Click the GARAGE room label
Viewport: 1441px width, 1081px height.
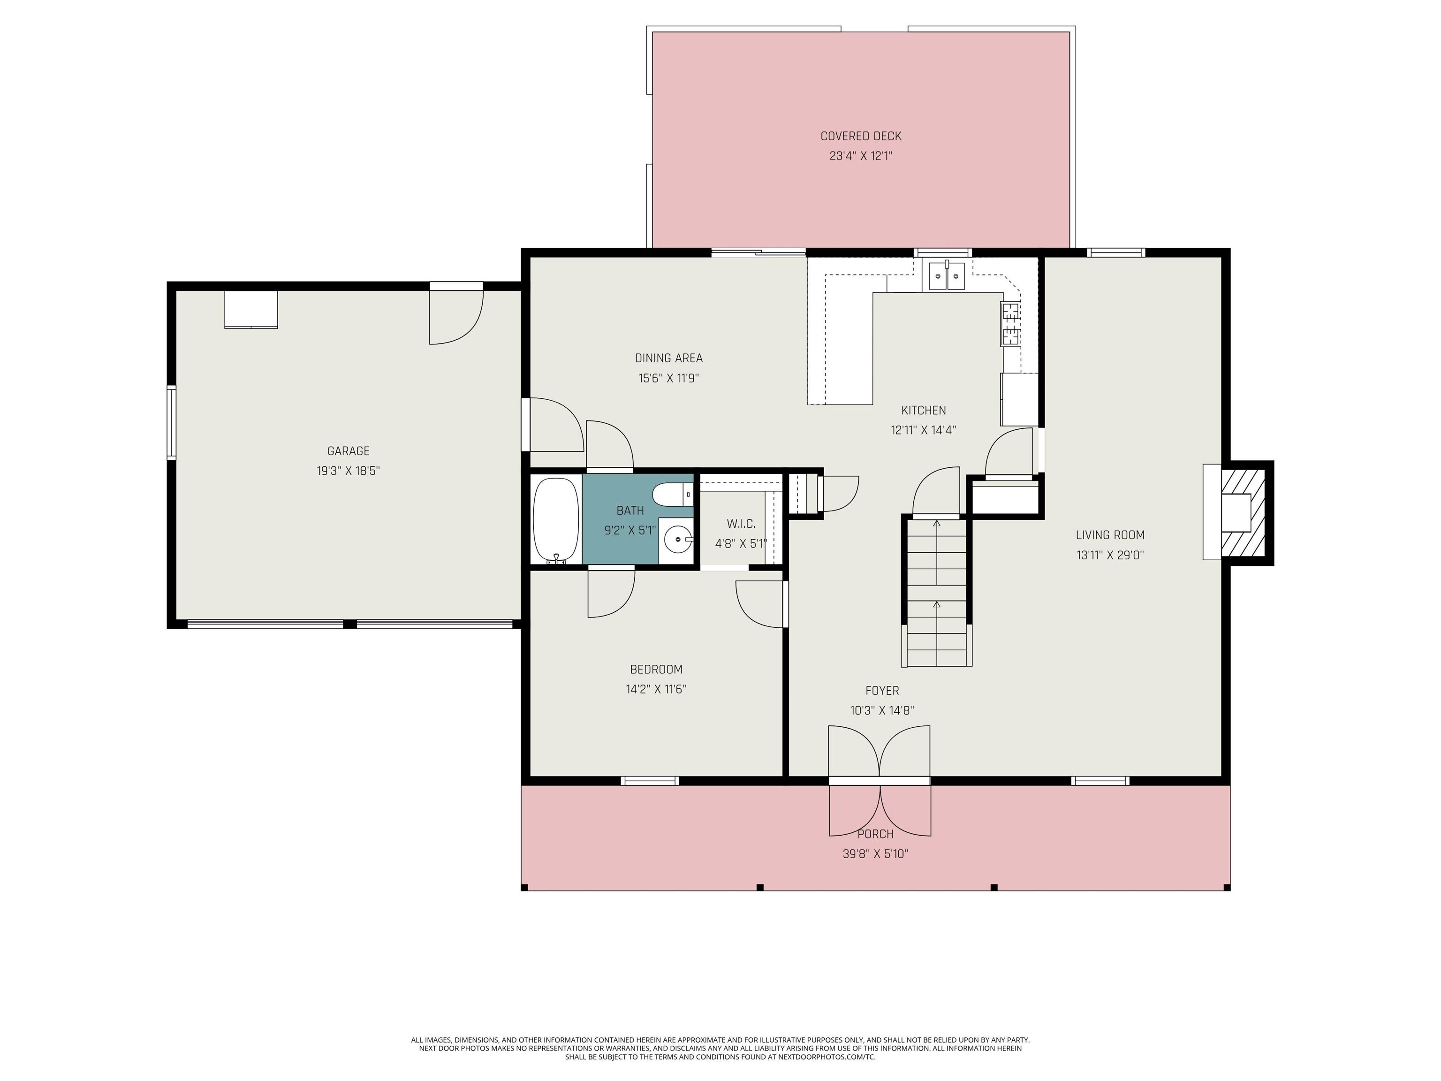coord(348,451)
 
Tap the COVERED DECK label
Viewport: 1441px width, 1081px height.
coord(861,136)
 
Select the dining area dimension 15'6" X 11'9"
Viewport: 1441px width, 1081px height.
coord(668,378)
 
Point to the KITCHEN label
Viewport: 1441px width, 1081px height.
coord(923,411)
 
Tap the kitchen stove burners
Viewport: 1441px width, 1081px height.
coord(1011,324)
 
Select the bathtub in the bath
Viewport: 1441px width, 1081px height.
coord(556,520)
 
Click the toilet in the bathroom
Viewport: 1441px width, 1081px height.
coord(672,495)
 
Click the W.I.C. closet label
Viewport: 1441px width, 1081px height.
coord(741,524)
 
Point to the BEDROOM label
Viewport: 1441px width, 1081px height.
coord(656,669)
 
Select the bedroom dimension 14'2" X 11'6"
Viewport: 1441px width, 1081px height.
coord(656,689)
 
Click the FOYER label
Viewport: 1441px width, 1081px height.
coord(882,691)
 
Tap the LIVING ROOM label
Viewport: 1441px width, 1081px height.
coord(1110,535)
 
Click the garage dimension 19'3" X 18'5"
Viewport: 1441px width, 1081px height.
coord(348,471)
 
